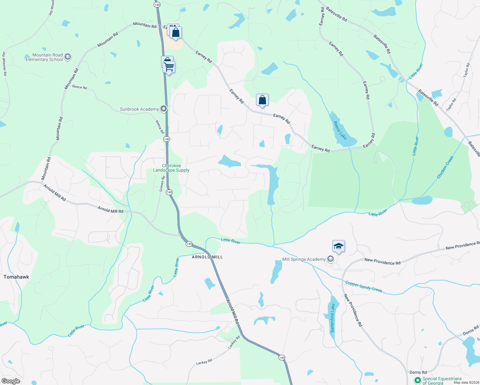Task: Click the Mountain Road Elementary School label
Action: tap(44, 57)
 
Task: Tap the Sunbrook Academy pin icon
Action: tap(164, 109)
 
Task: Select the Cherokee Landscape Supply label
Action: tap(171, 168)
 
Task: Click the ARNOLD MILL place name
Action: tap(207, 257)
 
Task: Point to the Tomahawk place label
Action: tap(16, 277)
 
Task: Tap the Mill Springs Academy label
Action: tap(304, 259)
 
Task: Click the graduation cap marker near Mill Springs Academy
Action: tap(339, 246)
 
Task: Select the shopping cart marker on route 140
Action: tap(169, 67)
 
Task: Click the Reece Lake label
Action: tap(340, 130)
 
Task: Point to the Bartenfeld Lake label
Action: tap(333, 318)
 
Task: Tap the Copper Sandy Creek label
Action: tap(364, 287)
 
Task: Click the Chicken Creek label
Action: tap(445, 167)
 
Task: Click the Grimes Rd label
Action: tap(162, 184)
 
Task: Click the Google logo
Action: tap(11, 381)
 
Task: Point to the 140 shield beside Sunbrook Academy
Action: tap(166, 139)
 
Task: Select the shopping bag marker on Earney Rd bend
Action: tap(262, 100)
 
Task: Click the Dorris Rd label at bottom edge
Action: tap(418, 372)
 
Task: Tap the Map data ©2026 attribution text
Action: tap(465, 382)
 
